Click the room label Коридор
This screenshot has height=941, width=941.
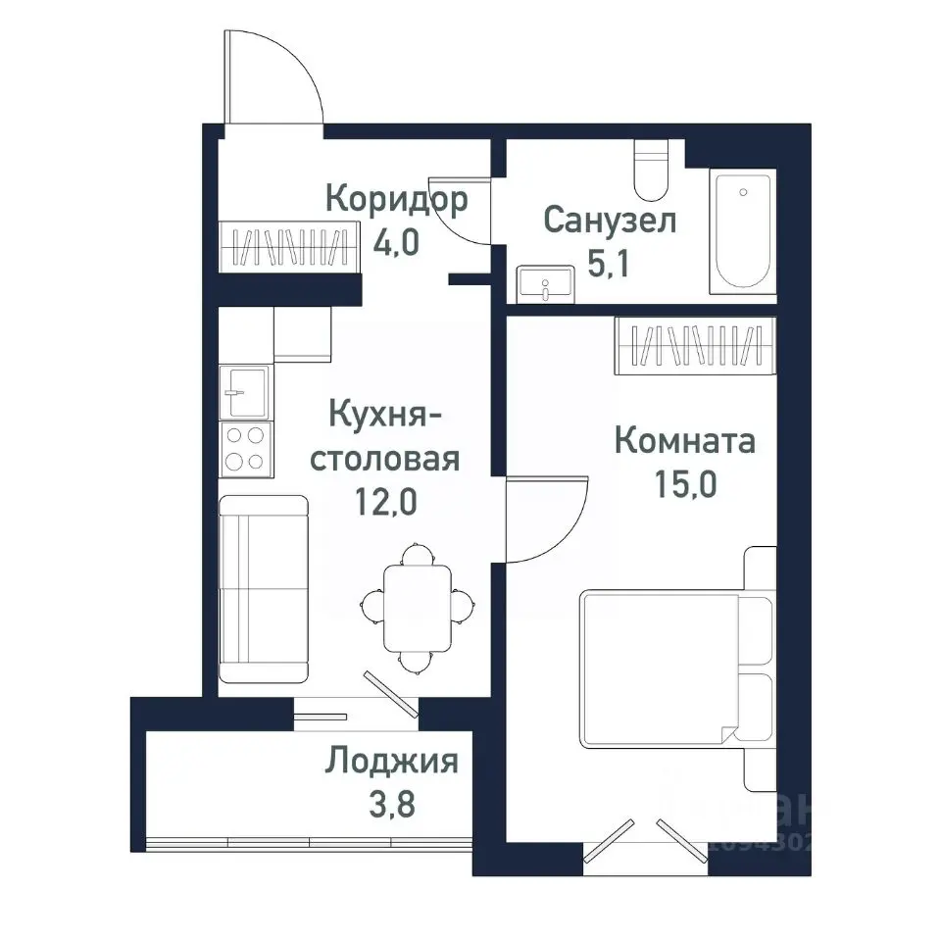pos(395,200)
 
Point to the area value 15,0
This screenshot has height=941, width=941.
pos(685,484)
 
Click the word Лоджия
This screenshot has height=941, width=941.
pos(392,761)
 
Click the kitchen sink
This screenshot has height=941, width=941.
pos(244,392)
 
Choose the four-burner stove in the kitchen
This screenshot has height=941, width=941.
pos(244,448)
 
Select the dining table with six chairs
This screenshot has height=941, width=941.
pos(417,608)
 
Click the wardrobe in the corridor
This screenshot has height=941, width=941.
pos(285,248)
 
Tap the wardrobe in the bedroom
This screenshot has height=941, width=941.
pos(696,346)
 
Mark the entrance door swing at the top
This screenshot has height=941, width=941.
pos(274,78)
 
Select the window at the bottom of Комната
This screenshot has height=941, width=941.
pos(644,843)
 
